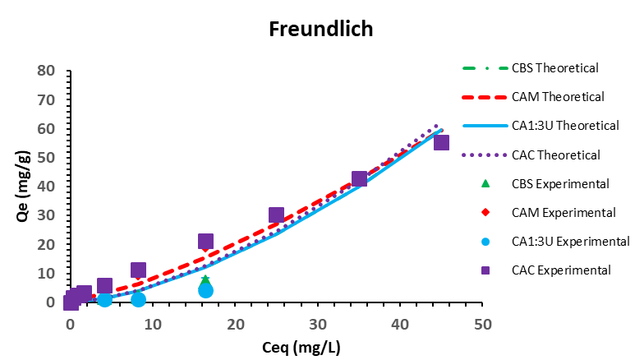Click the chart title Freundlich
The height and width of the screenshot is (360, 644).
pos(321,30)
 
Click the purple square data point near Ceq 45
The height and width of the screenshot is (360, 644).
pos(441,142)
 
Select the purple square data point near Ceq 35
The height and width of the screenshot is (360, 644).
pos(359,178)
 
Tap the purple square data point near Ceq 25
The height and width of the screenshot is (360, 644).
pos(276,215)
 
